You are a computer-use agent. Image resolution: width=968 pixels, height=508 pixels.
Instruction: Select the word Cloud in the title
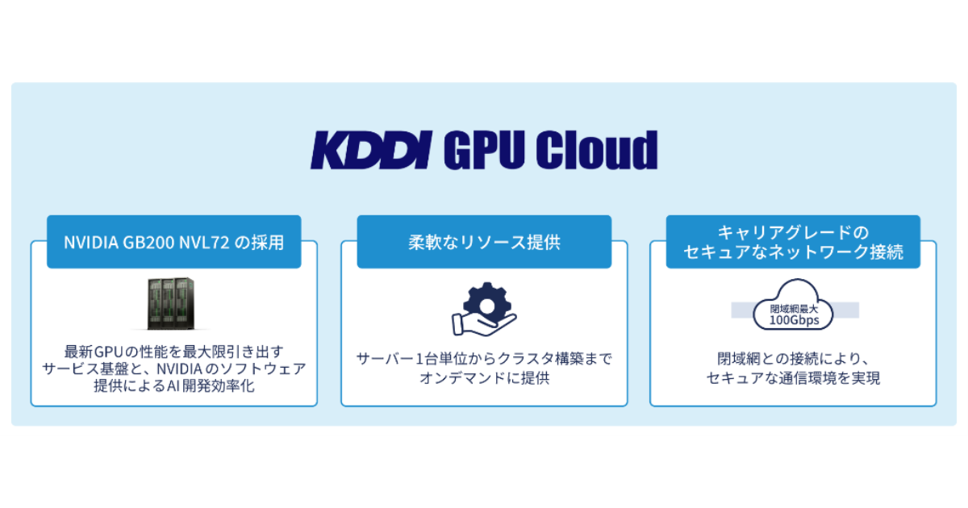pos(597,151)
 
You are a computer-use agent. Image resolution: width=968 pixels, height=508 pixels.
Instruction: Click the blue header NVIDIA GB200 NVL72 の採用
pos(174,242)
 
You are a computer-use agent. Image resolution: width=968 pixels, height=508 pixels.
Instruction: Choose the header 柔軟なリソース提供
pos(484,242)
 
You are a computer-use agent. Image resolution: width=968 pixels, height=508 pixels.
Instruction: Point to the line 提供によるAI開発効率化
pos(174,385)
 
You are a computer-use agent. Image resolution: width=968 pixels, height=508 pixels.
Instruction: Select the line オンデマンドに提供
pos(484,377)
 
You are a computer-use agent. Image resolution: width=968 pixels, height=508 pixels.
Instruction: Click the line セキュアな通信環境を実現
pos(793,377)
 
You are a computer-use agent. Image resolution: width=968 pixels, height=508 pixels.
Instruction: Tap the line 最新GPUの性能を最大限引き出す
pos(174,352)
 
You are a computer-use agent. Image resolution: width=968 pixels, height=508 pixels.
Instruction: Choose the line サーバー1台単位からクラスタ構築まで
pos(484,358)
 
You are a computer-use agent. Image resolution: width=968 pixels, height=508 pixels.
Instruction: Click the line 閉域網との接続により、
pos(793,358)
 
